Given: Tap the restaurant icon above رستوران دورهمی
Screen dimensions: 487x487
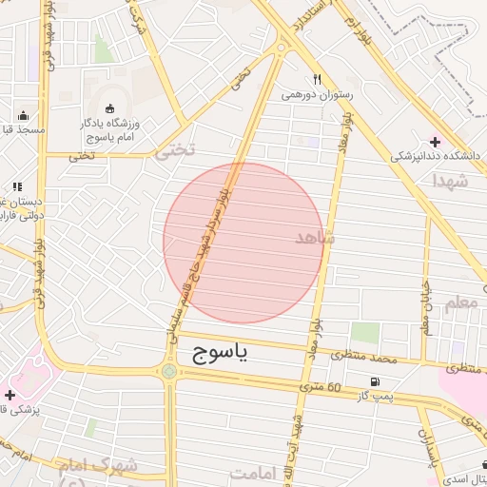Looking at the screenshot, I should click(x=318, y=80).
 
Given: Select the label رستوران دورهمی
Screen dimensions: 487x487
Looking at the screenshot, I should click(x=317, y=95).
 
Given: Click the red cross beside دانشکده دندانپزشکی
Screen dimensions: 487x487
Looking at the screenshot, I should click(x=435, y=142).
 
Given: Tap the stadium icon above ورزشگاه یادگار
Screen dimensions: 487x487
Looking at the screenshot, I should click(x=106, y=109).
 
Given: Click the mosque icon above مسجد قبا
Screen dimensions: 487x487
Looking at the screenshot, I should click(x=23, y=115).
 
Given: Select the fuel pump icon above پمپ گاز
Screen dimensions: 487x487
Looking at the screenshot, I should click(x=372, y=382).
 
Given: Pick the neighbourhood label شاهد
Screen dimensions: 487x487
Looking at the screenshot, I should click(x=315, y=238).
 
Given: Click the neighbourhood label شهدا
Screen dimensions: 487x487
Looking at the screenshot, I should click(x=450, y=179).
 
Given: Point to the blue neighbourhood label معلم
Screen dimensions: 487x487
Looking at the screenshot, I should click(x=458, y=304).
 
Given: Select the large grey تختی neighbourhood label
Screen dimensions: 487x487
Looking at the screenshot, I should click(x=174, y=149).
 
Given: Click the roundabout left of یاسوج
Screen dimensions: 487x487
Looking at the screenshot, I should click(x=169, y=371).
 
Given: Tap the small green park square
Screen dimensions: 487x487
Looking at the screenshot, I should click(x=364, y=333).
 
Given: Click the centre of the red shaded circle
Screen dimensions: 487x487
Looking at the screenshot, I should click(x=243, y=243).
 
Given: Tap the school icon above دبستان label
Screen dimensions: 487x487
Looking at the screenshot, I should click(x=16, y=186).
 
